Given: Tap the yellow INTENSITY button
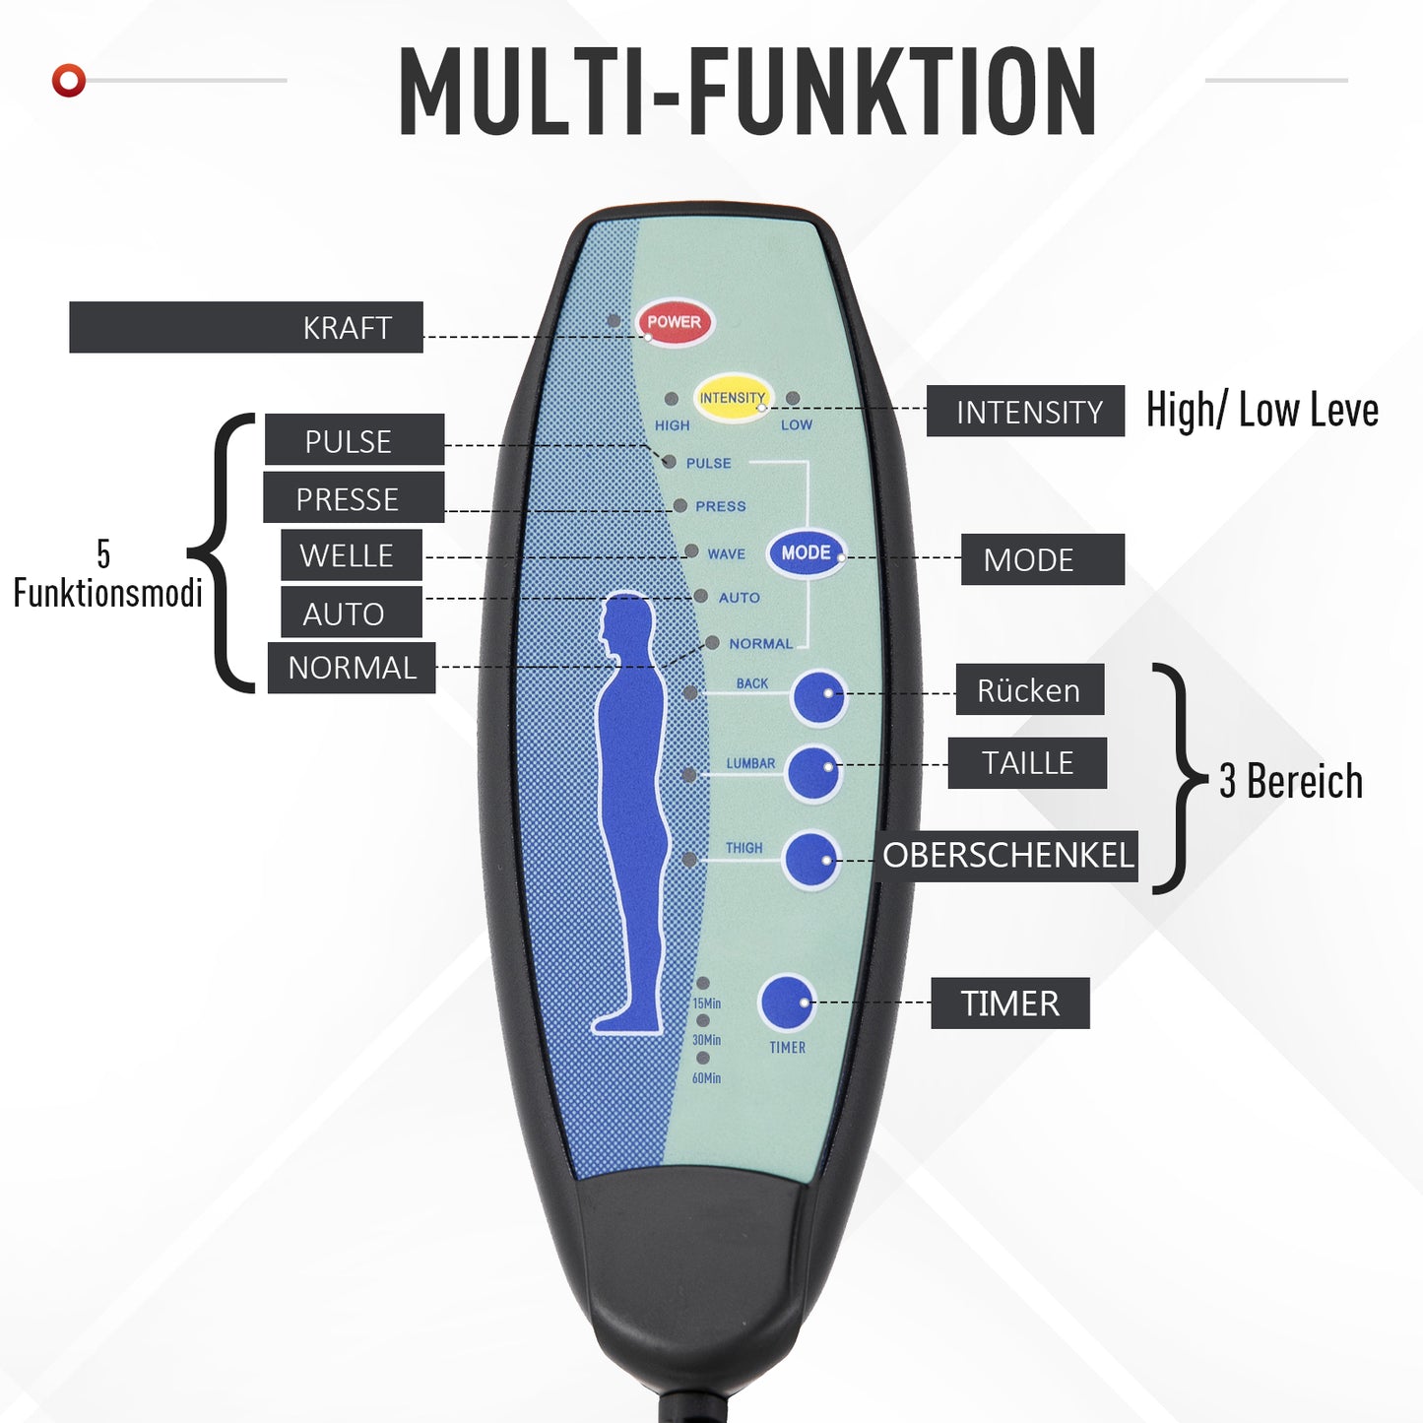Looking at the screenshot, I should pyautogui.click(x=733, y=398).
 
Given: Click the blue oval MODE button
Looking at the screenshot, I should pyautogui.click(x=806, y=553).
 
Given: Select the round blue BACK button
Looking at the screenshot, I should pyautogui.click(x=818, y=696).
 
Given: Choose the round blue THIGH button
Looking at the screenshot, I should pyautogui.click(x=811, y=859).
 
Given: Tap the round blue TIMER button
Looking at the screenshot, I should pyautogui.click(x=786, y=1003).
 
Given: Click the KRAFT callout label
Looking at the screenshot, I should pyautogui.click(x=246, y=328).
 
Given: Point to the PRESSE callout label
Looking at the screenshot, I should pyautogui.click(x=353, y=498).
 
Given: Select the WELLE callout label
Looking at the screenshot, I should pyautogui.click(x=351, y=555).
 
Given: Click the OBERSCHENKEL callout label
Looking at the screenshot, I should pyautogui.click(x=1006, y=856).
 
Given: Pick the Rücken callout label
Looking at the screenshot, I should pyautogui.click(x=1028, y=690).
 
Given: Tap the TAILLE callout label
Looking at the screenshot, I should pyautogui.click(x=1027, y=763).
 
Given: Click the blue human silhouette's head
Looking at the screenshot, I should pyautogui.click(x=627, y=620).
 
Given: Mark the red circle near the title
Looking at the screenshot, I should pyautogui.click(x=69, y=80).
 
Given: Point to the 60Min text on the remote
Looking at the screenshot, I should pyautogui.click(x=706, y=1078).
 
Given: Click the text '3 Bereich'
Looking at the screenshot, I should pyautogui.click(x=1290, y=782).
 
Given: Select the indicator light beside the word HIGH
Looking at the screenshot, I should pyautogui.click(x=672, y=400).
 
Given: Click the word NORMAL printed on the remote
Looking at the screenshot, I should pyautogui.click(x=760, y=644).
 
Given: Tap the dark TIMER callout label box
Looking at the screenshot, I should pyautogui.click(x=1009, y=1003).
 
